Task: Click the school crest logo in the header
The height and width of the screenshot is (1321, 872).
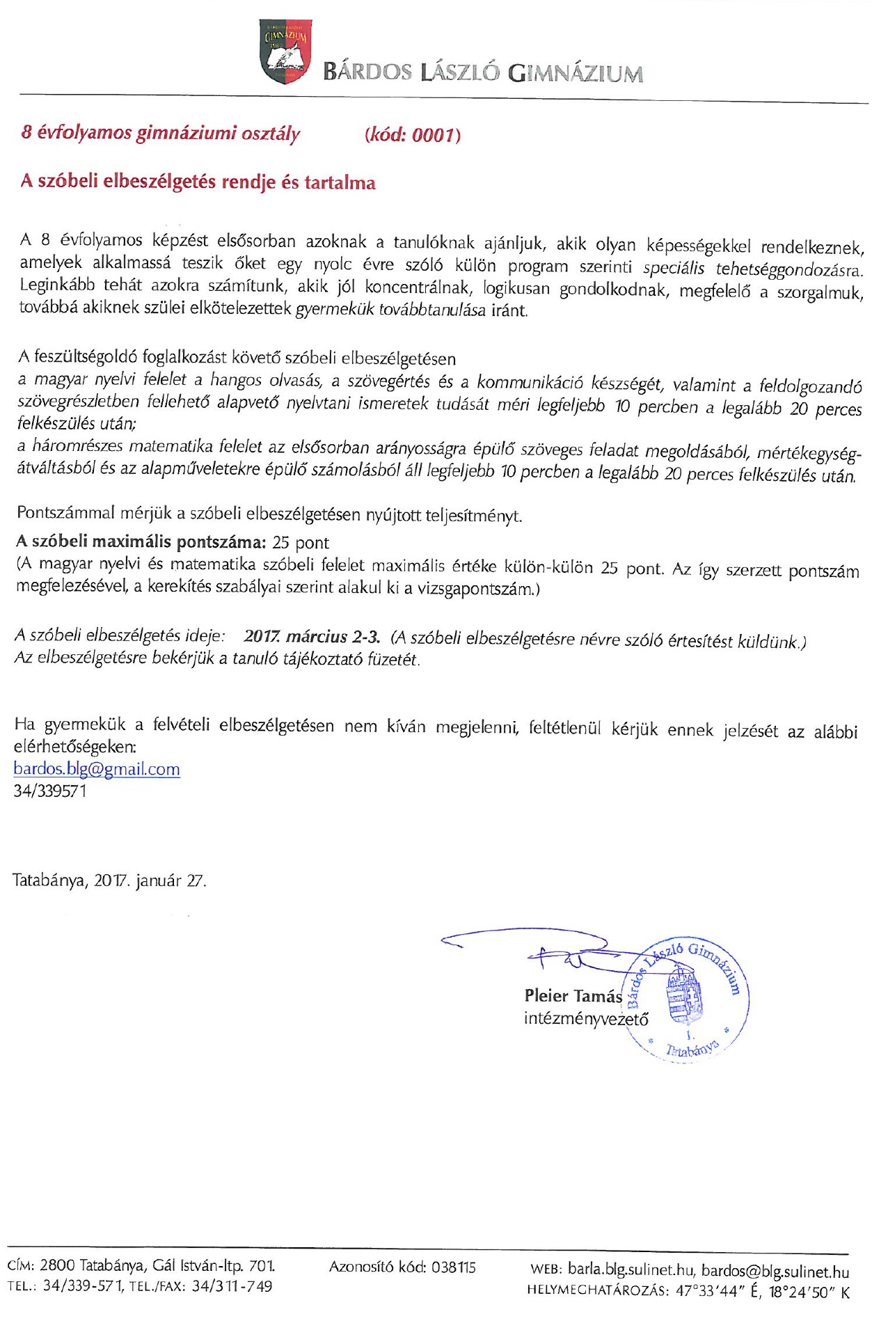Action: (x=285, y=51)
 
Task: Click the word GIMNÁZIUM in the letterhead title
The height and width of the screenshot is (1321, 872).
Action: (x=575, y=73)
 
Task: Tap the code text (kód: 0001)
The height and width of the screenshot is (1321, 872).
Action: (x=412, y=134)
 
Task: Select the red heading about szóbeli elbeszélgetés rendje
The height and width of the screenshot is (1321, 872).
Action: (x=198, y=182)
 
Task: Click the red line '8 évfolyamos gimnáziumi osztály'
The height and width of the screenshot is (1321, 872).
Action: (x=160, y=133)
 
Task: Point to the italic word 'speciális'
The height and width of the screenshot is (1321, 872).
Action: (x=673, y=268)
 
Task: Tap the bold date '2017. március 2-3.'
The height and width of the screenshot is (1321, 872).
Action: (x=312, y=637)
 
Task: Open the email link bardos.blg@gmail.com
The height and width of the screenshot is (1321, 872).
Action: (x=97, y=769)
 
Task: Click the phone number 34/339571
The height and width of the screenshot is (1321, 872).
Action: (x=50, y=791)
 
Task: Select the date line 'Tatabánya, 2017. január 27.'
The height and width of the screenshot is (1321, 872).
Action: (x=109, y=880)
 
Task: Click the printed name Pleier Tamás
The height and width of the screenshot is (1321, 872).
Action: (x=573, y=996)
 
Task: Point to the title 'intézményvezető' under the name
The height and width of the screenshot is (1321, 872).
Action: (x=585, y=1019)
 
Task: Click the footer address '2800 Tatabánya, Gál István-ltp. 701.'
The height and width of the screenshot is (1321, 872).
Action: (x=157, y=1265)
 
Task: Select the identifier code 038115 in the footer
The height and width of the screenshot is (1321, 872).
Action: (x=453, y=1267)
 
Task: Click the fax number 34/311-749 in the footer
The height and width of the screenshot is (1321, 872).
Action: (x=232, y=1286)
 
